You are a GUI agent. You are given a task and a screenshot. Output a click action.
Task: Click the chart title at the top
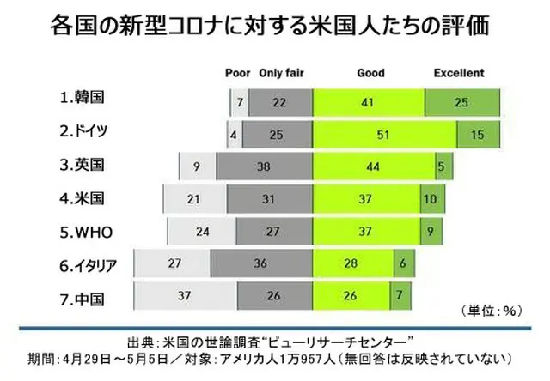coord(275,25)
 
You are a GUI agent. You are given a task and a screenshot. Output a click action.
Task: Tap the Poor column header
coord(237,73)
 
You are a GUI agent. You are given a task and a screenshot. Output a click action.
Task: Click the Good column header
coord(370,73)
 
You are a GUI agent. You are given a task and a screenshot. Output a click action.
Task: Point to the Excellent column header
coord(458,73)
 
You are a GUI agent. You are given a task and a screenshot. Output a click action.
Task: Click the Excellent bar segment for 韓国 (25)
coord(461,101)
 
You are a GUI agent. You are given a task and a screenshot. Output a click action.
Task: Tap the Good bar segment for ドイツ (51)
coord(384,135)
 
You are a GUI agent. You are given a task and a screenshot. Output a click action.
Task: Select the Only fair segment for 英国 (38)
coord(264,167)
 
